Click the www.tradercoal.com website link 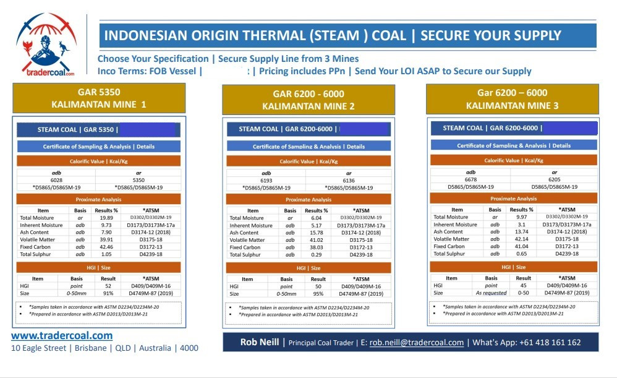(62, 335)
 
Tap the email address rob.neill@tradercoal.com (417, 342)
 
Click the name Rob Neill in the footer (259, 342)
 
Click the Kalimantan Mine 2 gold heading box (308, 100)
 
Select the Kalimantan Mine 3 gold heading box (512, 100)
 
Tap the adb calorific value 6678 (471, 180)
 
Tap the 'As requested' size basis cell (491, 293)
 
